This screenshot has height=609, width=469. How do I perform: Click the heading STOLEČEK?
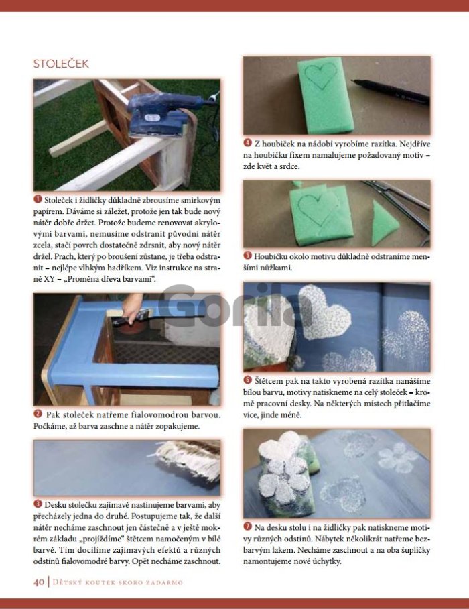pos(61,64)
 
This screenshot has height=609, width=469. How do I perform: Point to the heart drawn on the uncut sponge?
pos(320,74)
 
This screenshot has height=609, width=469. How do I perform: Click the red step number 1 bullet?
pos(38,199)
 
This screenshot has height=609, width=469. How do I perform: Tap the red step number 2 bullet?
pos(38,414)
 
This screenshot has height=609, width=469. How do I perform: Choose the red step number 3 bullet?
pos(38,504)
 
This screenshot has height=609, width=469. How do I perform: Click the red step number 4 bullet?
pos(247,143)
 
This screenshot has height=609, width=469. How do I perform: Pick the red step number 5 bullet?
pos(247,255)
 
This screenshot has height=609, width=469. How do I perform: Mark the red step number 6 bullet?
pos(247,380)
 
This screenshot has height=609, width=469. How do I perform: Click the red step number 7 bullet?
pos(247,527)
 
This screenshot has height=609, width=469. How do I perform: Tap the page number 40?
pos(39,582)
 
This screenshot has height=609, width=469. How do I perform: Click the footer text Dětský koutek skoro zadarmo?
pos(117,582)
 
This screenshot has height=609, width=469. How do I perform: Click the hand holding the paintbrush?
pos(132,307)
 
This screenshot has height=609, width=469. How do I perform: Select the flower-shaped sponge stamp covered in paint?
pos(286,473)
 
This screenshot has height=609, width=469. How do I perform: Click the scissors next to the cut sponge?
pos(399,207)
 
